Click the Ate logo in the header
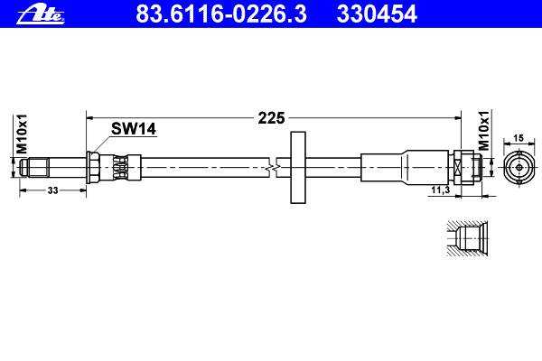tap(41, 14)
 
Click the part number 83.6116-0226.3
tap(221, 14)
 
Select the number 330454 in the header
tap(377, 14)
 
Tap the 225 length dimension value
tap(271, 118)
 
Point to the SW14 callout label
tap(134, 129)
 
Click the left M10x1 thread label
tap(22, 134)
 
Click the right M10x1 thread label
tap(484, 131)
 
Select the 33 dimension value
tap(52, 190)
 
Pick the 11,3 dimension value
tap(441, 190)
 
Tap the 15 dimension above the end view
tap(519, 138)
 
